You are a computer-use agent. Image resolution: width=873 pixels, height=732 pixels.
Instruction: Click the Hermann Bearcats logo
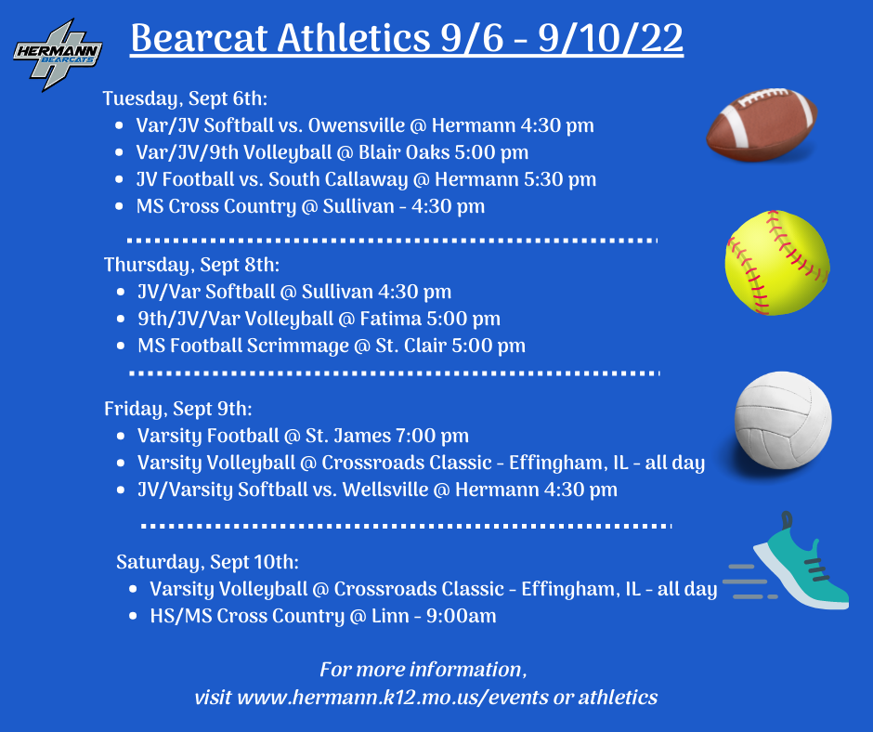click(x=58, y=55)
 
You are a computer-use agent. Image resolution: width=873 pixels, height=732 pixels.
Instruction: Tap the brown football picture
click(x=762, y=124)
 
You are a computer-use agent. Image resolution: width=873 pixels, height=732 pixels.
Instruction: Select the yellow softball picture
click(x=776, y=262)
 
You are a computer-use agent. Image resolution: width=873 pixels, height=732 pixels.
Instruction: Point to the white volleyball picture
click(x=782, y=419)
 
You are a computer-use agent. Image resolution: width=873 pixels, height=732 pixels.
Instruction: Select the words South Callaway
click(x=338, y=179)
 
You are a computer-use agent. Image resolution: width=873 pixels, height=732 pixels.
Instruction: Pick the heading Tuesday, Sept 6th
click(x=185, y=98)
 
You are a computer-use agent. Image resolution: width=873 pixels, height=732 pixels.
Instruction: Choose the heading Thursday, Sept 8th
click(x=191, y=265)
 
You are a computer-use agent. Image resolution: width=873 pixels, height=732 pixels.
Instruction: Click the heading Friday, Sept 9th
click(x=177, y=409)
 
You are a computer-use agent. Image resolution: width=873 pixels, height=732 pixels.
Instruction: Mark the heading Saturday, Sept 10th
click(x=207, y=561)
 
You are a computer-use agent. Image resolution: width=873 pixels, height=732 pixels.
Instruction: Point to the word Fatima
click(x=390, y=319)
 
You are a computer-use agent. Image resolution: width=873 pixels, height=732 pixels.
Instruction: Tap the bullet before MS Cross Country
click(x=119, y=206)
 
